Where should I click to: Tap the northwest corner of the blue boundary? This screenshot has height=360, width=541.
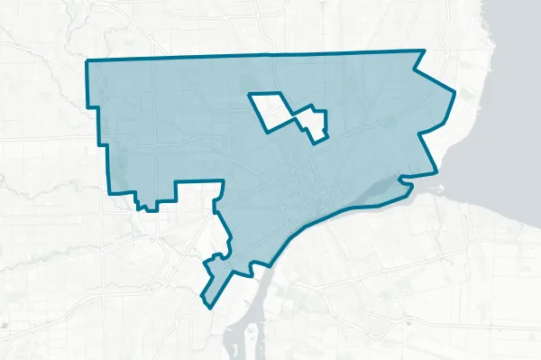(87, 61)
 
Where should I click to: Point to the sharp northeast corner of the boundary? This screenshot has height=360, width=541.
(423, 51)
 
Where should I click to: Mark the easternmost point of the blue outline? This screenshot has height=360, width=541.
(454, 92)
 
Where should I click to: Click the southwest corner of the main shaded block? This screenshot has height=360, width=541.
(109, 193)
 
